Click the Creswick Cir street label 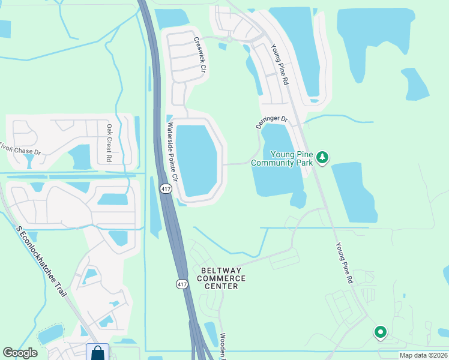[x=199, y=55]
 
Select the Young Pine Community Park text [x=282, y=158]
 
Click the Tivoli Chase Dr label [x=21, y=149]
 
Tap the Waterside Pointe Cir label [x=173, y=152]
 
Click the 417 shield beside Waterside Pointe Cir [x=165, y=188]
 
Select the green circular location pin [x=380, y=331]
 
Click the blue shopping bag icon [x=97, y=352]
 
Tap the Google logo [x=20, y=353]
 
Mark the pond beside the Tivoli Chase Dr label [x=79, y=157]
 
